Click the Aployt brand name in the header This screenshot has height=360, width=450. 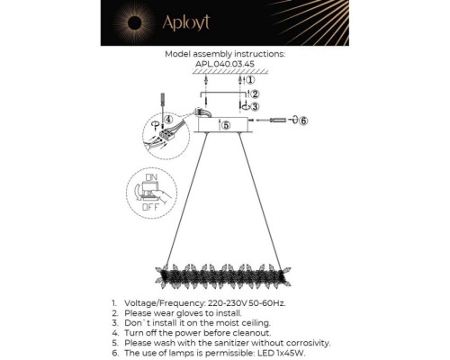tap(186, 22)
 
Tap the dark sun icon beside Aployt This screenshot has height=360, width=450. tap(134, 22)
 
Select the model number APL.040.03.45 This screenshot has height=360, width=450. tap(225, 64)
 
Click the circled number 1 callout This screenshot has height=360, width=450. tap(250, 80)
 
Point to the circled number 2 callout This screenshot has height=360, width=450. tap(255, 94)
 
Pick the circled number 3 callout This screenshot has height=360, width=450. tap(255, 106)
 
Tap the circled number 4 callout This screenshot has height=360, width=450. tap(169, 120)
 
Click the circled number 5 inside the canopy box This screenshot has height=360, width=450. tap(226, 125)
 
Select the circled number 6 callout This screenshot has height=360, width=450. tap(303, 121)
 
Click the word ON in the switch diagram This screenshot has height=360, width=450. tap(151, 177)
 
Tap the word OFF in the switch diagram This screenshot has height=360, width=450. tap(150, 207)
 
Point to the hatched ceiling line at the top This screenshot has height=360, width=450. tap(230, 71)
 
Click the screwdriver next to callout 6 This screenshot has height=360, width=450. tap(278, 121)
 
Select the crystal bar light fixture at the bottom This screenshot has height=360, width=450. tap(223, 276)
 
